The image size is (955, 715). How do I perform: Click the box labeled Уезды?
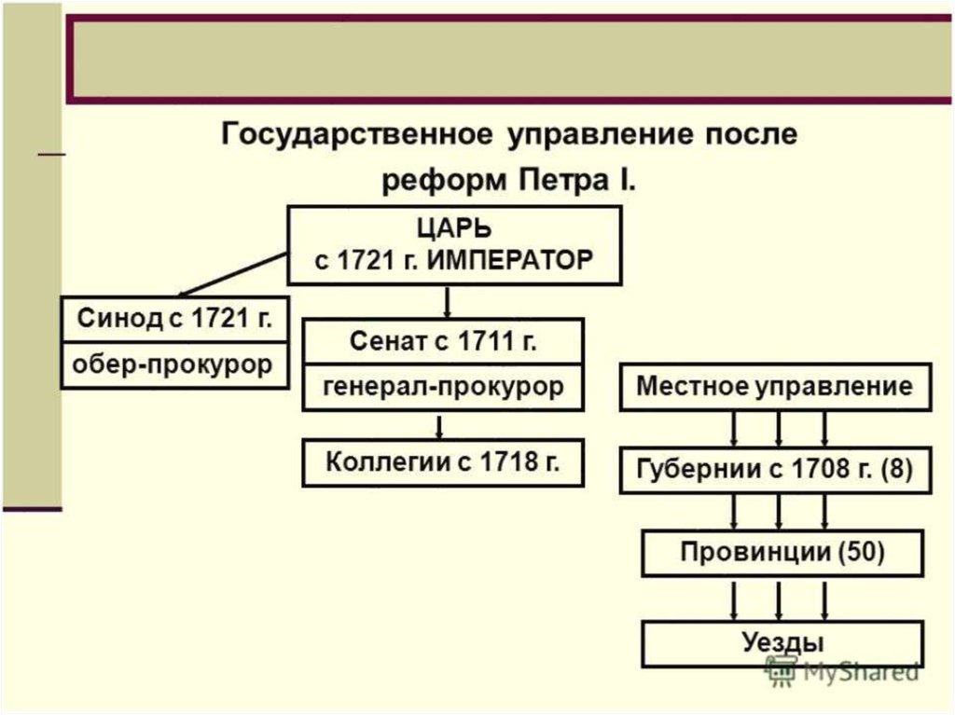(782, 642)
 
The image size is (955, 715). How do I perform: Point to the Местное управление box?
(775, 387)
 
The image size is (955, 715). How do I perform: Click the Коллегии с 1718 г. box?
(443, 462)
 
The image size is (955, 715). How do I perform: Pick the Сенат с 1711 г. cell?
(443, 341)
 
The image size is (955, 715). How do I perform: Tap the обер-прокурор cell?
(174, 364)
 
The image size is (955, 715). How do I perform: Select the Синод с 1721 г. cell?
(174, 320)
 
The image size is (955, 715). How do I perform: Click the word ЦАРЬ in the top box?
(453, 229)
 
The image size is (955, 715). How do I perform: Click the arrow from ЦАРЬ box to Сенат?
(448, 301)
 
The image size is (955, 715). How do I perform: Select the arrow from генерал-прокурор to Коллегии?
(439, 425)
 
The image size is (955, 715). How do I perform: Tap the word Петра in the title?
(557, 179)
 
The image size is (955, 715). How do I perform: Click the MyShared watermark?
(844, 669)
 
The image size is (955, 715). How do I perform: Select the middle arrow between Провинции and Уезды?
(780, 599)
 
